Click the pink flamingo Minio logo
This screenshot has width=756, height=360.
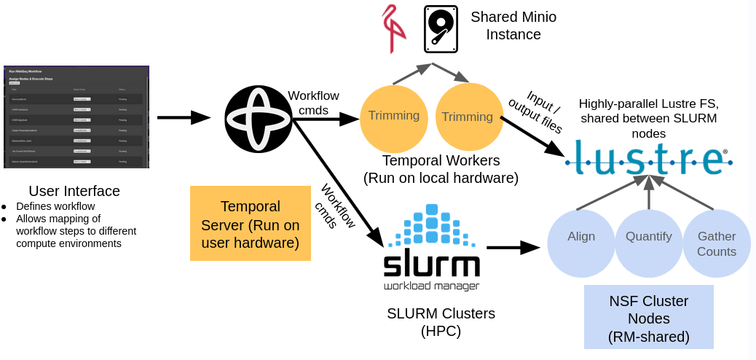(x=393, y=28)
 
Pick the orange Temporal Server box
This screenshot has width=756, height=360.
(x=250, y=224)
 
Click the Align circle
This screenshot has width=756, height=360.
(x=580, y=243)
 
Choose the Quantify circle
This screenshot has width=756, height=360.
(x=649, y=243)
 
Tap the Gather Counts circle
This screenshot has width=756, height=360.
(x=716, y=243)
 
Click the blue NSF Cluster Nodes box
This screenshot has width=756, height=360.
(x=648, y=318)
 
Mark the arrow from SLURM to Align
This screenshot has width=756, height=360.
(x=513, y=248)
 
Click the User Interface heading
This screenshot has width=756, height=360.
(x=74, y=191)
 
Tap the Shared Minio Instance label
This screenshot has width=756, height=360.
(x=513, y=26)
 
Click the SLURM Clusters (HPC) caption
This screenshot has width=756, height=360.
(x=441, y=322)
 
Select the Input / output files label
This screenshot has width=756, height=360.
(x=535, y=113)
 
